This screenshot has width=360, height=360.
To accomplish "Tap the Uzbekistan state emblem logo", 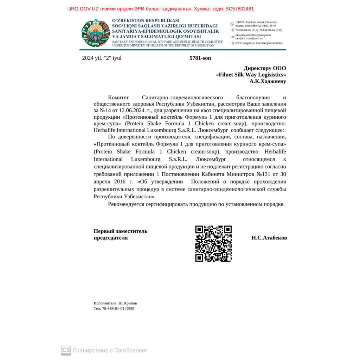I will pyautogui.click(x=95, y=33).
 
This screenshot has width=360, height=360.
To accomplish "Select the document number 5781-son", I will pyautogui.click(x=200, y=58).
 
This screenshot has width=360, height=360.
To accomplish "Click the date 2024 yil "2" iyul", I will pyautogui.click(x=102, y=58).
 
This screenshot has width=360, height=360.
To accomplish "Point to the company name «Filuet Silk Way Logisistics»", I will pyautogui.click(x=251, y=75).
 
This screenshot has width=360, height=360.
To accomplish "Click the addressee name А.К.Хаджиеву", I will pyautogui.click(x=268, y=81).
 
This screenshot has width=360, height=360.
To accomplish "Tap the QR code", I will pyautogui.click(x=213, y=244).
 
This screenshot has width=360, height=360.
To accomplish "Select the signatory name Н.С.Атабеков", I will pyautogui.click(x=269, y=238).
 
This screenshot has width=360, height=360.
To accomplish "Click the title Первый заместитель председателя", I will pyautogui.click(x=121, y=234).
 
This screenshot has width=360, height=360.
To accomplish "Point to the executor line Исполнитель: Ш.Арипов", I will pyautogui.click(x=115, y=303).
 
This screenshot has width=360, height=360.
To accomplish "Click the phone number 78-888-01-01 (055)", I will pyautogui.click(x=118, y=309).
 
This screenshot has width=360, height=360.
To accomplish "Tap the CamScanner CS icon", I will pyautogui.click(x=66, y=350).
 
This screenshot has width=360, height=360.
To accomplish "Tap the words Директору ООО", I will pyautogui.click(x=265, y=68).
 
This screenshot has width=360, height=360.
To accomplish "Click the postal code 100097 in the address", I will pyautogui.click(x=240, y=22).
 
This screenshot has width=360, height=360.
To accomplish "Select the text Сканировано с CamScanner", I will pyautogui.click(x=110, y=350).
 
